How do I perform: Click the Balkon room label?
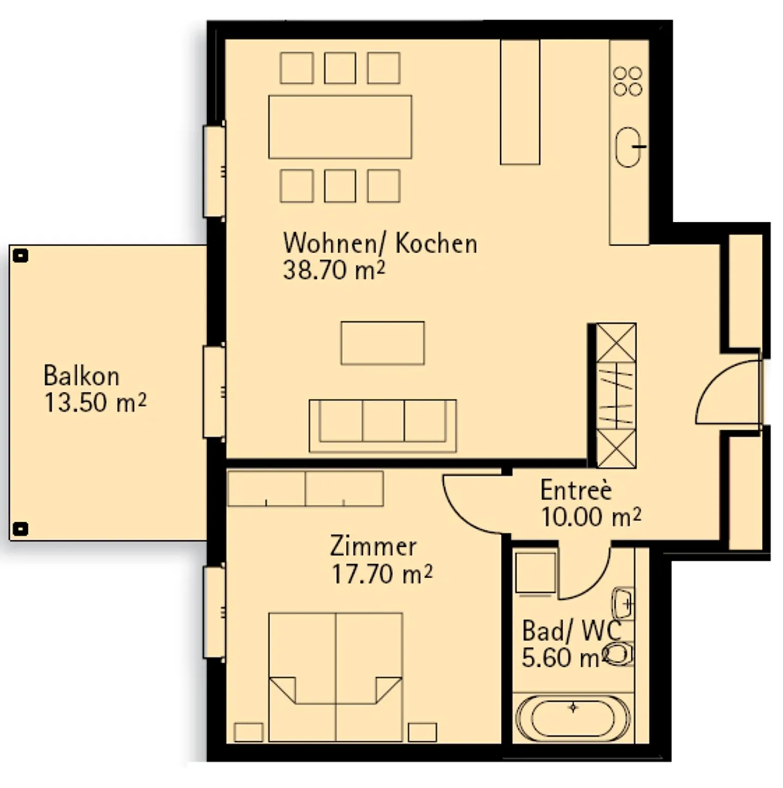point(81,376)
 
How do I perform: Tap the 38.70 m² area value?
point(333,270)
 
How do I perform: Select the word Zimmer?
point(373,546)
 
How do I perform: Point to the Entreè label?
point(576,490)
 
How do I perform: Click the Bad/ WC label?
point(571,631)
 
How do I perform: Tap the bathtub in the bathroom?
point(573,717)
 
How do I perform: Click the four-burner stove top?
point(628,82)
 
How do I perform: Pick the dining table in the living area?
point(340,127)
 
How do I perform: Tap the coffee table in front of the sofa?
point(382,343)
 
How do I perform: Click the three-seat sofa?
point(382,426)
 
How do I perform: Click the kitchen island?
point(520,102)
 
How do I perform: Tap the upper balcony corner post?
point(21,255)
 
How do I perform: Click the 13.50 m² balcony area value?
point(95,403)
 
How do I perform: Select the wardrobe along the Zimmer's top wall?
point(305,489)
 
